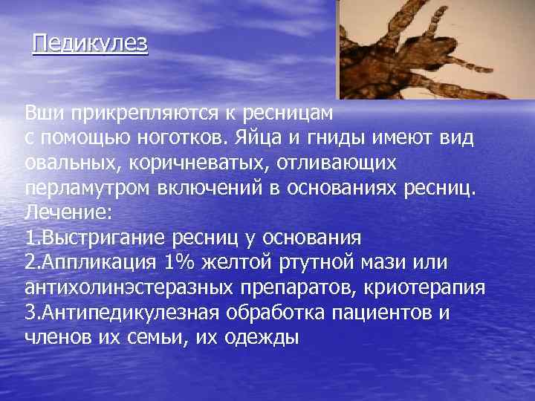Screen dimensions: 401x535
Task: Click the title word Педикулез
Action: (x=90, y=43)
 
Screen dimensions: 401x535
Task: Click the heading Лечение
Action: (x=68, y=213)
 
